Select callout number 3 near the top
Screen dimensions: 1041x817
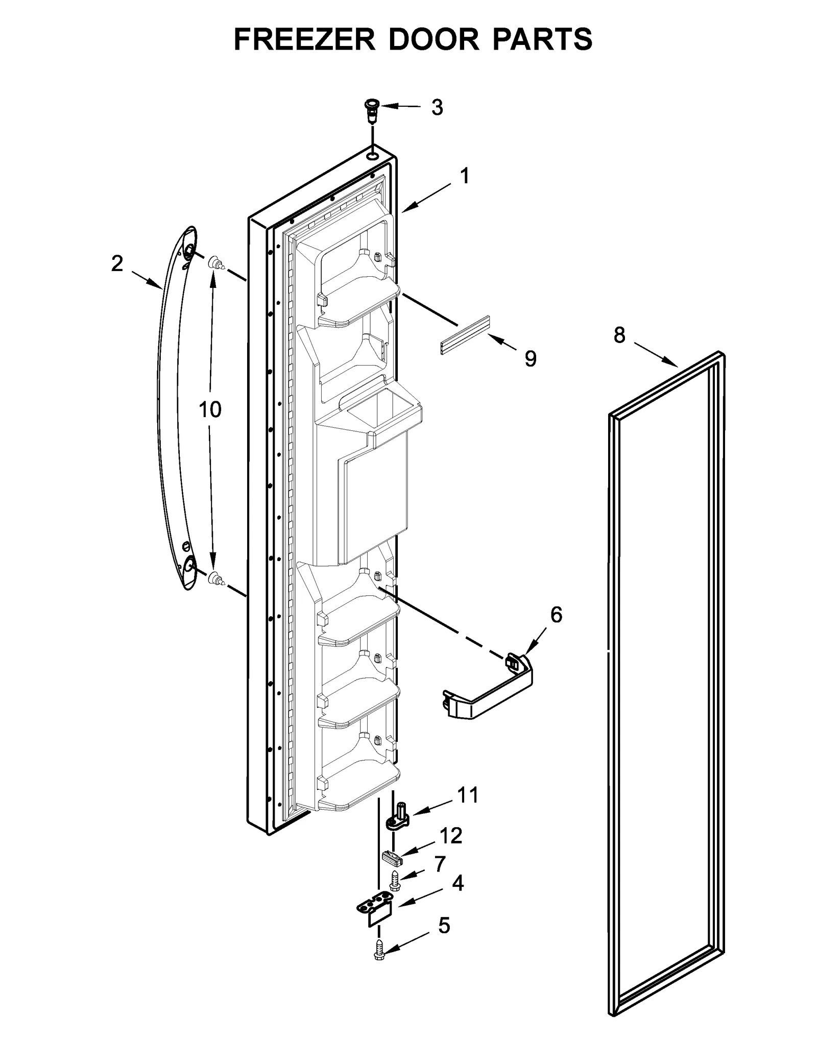point(437,108)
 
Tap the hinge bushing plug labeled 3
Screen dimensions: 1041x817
point(372,110)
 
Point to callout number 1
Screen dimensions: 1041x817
point(464,177)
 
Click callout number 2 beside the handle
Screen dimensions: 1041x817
point(117,264)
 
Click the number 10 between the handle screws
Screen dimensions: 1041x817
point(210,409)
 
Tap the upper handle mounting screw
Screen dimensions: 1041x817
point(215,264)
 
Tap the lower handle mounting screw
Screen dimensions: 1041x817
point(215,578)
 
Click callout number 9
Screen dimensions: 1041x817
point(531,359)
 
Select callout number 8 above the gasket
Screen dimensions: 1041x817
point(619,335)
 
